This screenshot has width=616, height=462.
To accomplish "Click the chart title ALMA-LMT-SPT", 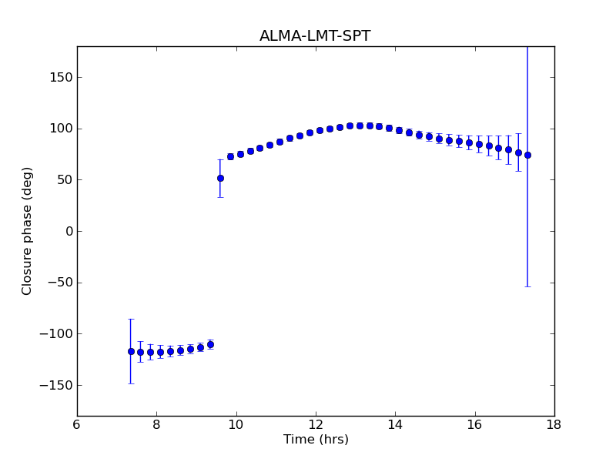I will coord(315,36).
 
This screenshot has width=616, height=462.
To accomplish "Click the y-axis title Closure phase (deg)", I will coord(28,231).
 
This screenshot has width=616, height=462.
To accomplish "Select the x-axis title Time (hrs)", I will coord(316,440).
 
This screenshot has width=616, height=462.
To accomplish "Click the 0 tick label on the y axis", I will coord(68,231).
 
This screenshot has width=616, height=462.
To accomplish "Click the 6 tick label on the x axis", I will coord(77,423).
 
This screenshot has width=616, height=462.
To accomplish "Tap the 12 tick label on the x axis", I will coord(316,423).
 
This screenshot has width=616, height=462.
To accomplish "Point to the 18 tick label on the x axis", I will coord(554,423).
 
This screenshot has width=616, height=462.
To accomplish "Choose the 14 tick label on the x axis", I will coord(395,423).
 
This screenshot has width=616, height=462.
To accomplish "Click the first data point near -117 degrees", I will coord(131,351).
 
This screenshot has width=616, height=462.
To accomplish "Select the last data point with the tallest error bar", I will coord(527,155).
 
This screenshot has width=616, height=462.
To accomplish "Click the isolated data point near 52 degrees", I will coord(220,178).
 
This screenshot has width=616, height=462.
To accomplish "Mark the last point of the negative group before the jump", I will coord(210,344).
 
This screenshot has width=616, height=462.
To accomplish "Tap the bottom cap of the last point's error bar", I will coord(527,286).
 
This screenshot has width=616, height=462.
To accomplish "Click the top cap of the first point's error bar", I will coord(131,319).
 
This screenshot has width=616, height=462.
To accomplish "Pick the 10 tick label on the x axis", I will coord(236,423).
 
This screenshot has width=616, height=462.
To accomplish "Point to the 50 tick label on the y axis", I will coord(63,179).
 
